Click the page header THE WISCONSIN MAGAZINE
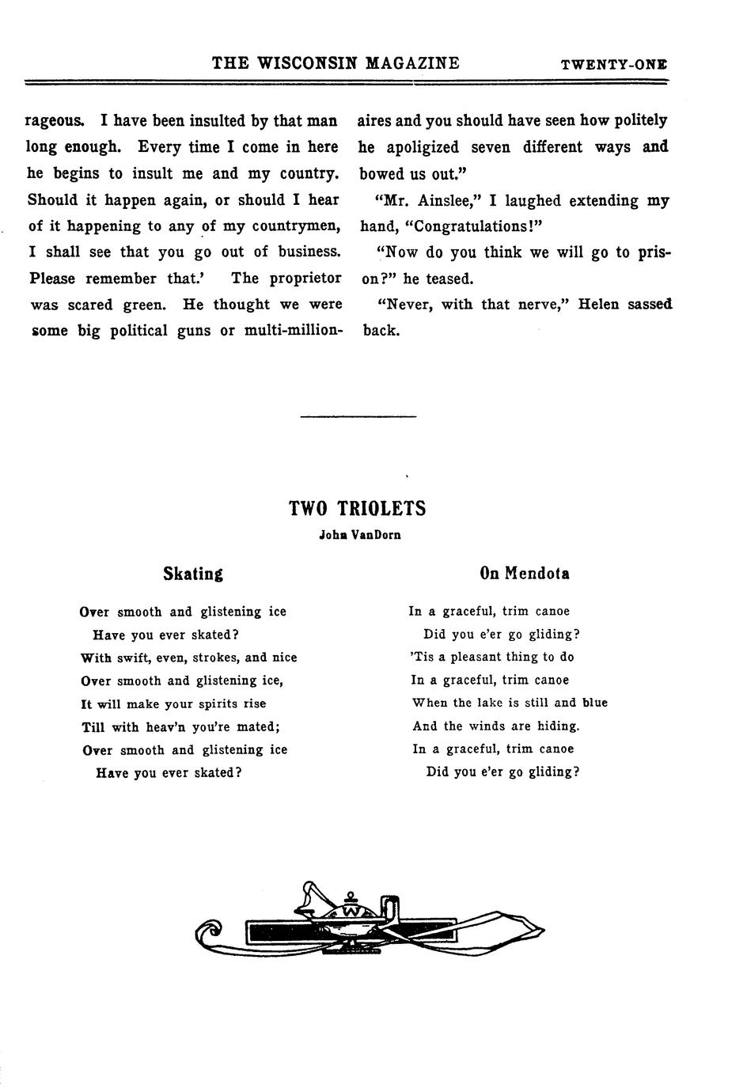tap(336, 63)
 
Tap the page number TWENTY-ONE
tap(613, 65)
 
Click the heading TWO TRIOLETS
tap(358, 509)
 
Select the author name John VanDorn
tap(359, 535)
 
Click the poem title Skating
tap(192, 574)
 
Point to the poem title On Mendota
tap(524, 573)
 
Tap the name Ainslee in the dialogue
tap(443, 201)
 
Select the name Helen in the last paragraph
tap(599, 305)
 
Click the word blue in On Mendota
tap(594, 703)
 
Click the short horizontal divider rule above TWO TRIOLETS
tap(358, 416)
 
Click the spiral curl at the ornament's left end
tap(207, 934)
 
